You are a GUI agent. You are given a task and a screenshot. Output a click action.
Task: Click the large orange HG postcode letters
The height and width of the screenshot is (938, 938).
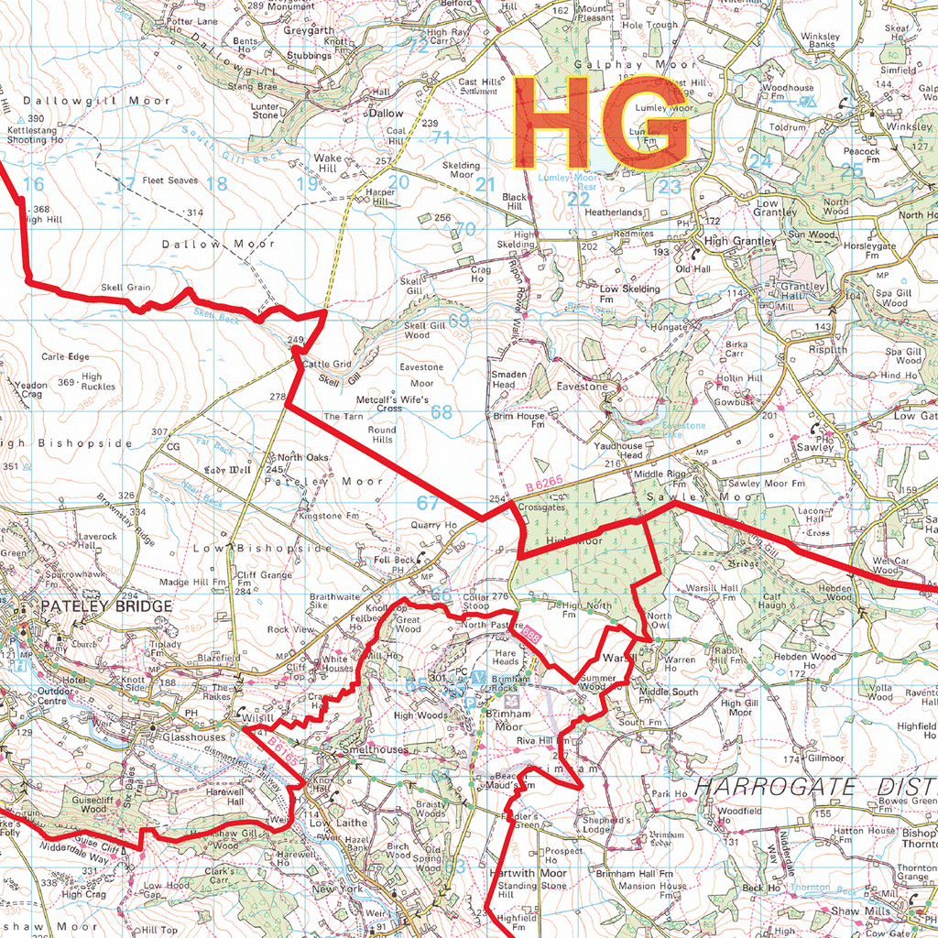click(600, 123)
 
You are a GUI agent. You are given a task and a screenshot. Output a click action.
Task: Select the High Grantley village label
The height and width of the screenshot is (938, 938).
click(741, 241)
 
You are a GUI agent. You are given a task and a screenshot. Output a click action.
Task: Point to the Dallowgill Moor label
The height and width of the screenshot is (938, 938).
click(84, 100)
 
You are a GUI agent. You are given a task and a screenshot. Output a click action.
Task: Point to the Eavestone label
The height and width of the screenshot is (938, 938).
click(582, 387)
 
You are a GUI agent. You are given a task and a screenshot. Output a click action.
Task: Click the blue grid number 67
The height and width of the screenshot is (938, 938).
click(428, 503)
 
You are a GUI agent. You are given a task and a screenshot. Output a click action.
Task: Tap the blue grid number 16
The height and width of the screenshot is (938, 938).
click(33, 185)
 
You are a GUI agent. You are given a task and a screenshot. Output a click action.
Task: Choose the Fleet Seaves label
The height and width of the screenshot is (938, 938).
click(169, 181)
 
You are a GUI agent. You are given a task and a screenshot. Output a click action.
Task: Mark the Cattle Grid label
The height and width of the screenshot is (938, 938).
click(327, 365)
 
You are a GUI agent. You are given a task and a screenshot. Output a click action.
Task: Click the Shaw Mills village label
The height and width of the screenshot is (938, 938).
click(859, 912)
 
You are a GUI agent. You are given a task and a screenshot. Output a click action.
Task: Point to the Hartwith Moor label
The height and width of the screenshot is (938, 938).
click(529, 873)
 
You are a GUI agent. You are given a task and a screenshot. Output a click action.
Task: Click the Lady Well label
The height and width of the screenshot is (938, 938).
click(227, 470)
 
